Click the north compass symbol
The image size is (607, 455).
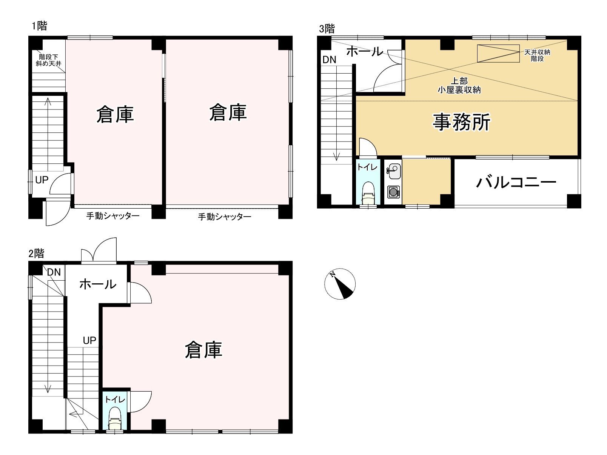(340, 284)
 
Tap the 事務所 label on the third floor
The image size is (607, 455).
(461, 122)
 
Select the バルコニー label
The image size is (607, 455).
(516, 183)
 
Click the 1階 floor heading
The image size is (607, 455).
(39, 26)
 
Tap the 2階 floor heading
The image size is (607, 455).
(36, 254)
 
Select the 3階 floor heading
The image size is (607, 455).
(327, 29)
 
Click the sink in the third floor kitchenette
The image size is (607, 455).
(393, 171)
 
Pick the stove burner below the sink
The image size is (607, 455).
(393, 192)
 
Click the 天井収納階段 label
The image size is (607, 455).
(537, 55)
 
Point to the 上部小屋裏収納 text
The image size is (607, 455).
(459, 85)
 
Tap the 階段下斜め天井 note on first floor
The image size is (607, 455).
(48, 60)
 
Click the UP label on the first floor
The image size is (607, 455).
(42, 180)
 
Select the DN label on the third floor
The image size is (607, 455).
(329, 60)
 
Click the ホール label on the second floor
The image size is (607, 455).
(98, 284)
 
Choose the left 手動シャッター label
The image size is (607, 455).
(113, 216)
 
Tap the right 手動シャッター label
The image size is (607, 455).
(225, 217)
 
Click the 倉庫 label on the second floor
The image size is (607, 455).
(203, 350)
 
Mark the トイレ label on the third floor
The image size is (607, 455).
(367, 167)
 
